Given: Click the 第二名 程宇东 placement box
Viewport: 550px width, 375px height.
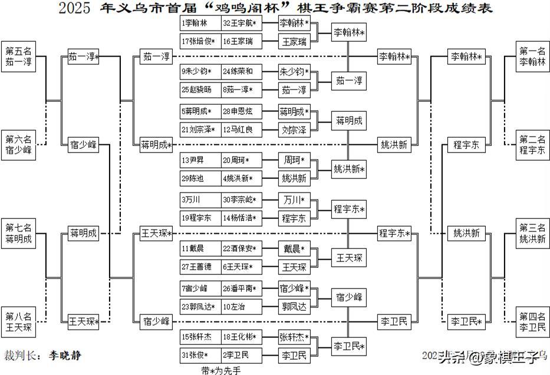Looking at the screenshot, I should pyautogui.click(x=533, y=145).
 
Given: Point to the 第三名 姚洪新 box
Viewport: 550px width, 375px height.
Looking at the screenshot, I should pyautogui.click(x=533, y=233).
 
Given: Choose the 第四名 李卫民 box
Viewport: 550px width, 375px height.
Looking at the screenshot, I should pyautogui.click(x=533, y=321).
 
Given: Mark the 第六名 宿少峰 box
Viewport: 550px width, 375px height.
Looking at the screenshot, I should pyautogui.click(x=19, y=145).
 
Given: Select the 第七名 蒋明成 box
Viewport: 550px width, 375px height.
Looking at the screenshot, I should pyautogui.click(x=19, y=233).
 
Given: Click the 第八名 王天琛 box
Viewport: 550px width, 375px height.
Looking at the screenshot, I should pyautogui.click(x=19, y=321).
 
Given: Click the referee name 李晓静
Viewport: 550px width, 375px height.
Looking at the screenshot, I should pyautogui.click(x=65, y=356).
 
